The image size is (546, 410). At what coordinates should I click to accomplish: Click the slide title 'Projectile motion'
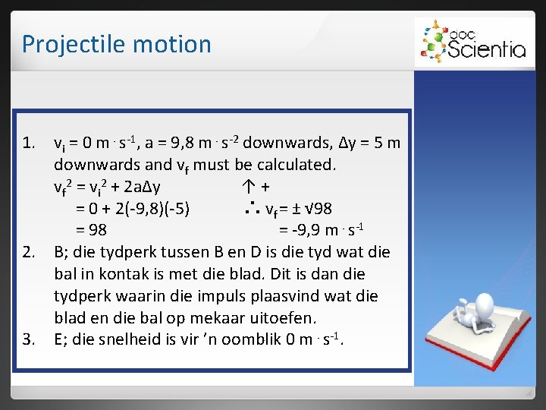point(116,44)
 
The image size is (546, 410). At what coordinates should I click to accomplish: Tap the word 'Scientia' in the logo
point(486,49)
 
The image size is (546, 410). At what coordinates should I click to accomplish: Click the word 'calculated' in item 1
point(296,164)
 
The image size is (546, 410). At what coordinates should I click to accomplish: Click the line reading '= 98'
point(91,230)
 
